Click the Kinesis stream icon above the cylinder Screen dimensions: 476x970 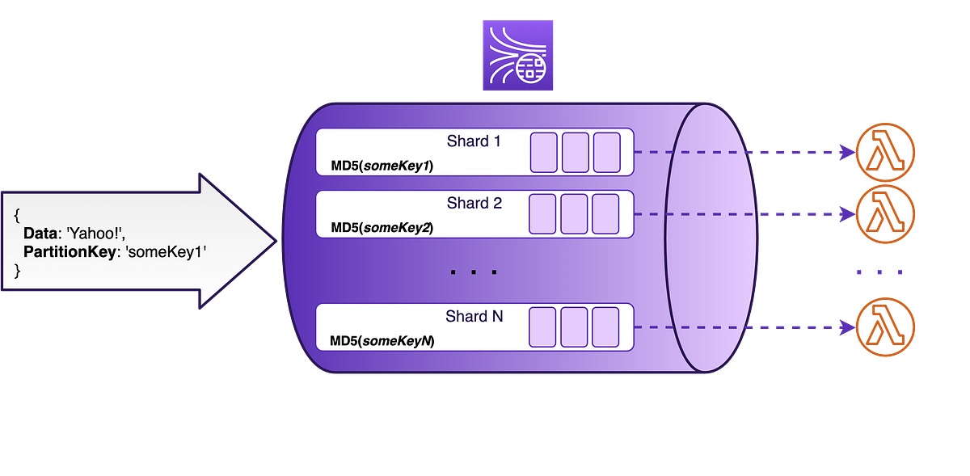click(x=518, y=55)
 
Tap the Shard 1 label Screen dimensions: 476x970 click(x=474, y=141)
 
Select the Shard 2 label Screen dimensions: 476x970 click(x=474, y=203)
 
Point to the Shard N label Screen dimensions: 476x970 click(x=474, y=316)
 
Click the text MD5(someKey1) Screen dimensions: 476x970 click(x=382, y=166)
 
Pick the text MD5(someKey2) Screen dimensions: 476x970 click(x=382, y=228)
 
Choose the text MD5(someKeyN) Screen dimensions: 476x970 click(x=382, y=341)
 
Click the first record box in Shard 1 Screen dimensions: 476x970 click(x=543, y=153)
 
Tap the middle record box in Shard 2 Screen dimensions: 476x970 click(x=575, y=214)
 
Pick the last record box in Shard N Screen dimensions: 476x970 click(x=606, y=327)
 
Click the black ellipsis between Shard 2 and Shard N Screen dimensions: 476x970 click(x=473, y=272)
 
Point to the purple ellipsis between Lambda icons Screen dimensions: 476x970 click(x=879, y=272)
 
